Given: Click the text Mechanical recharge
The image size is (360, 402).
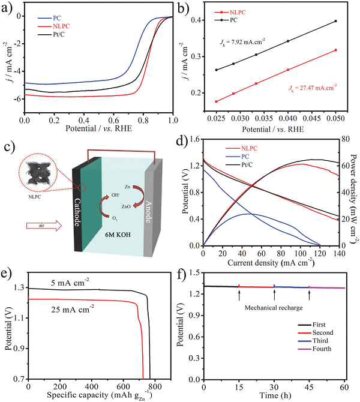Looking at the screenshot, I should (274, 307).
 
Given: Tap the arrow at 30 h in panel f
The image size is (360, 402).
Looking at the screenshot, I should (274, 294).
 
